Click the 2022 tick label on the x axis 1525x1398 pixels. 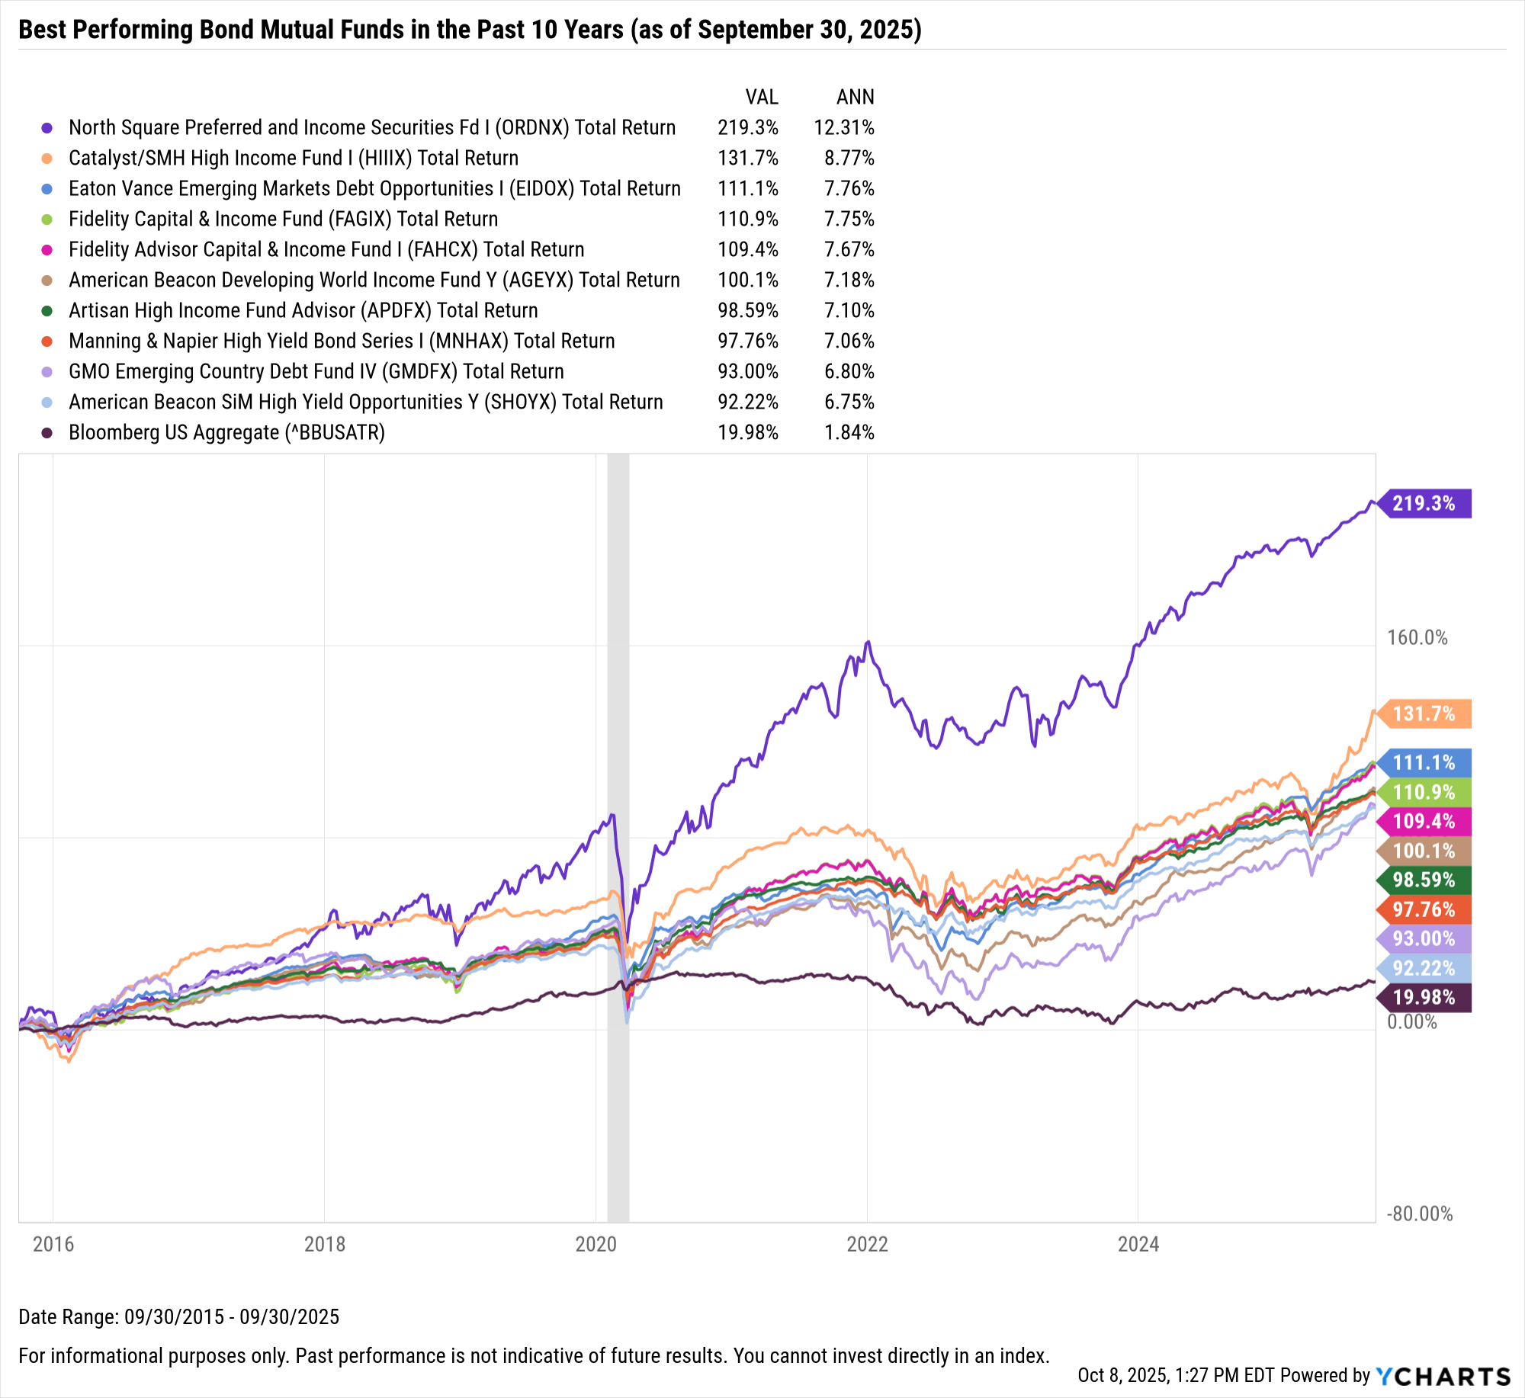click(x=867, y=1244)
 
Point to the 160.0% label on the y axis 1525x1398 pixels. click(x=1417, y=637)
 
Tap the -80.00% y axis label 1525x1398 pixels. click(x=1419, y=1214)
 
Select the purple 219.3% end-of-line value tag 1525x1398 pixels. click(x=1425, y=503)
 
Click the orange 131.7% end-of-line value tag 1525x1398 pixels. click(x=1425, y=713)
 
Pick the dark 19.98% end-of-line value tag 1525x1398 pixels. click(x=1425, y=997)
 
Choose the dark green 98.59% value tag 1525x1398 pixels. click(x=1425, y=880)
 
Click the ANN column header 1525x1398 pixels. click(x=855, y=97)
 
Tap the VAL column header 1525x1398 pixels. click(x=761, y=97)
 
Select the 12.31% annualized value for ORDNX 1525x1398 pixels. click(x=843, y=127)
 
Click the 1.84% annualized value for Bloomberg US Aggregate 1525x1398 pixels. click(x=849, y=432)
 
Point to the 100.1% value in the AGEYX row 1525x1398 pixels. click(x=747, y=280)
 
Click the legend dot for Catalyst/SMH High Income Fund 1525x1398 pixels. click(x=47, y=158)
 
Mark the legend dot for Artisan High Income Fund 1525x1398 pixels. click(x=47, y=310)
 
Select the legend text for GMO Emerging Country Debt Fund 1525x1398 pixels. click(x=316, y=371)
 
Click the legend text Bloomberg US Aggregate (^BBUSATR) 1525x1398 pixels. click(x=226, y=432)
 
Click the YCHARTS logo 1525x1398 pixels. click(x=1443, y=1376)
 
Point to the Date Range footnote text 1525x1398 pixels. click(x=178, y=1316)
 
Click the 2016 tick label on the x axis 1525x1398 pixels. click(x=53, y=1244)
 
